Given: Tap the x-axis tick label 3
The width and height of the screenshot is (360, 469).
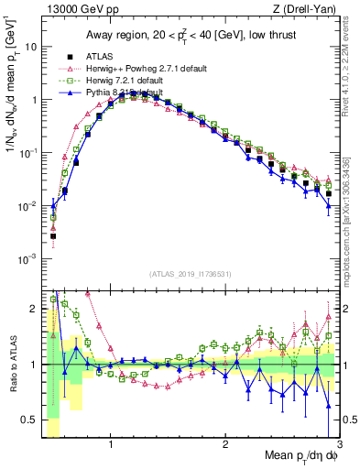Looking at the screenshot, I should pyautogui.click(x=339, y=442).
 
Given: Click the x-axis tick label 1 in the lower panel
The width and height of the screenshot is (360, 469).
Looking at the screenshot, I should pyautogui.click(x=111, y=442).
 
